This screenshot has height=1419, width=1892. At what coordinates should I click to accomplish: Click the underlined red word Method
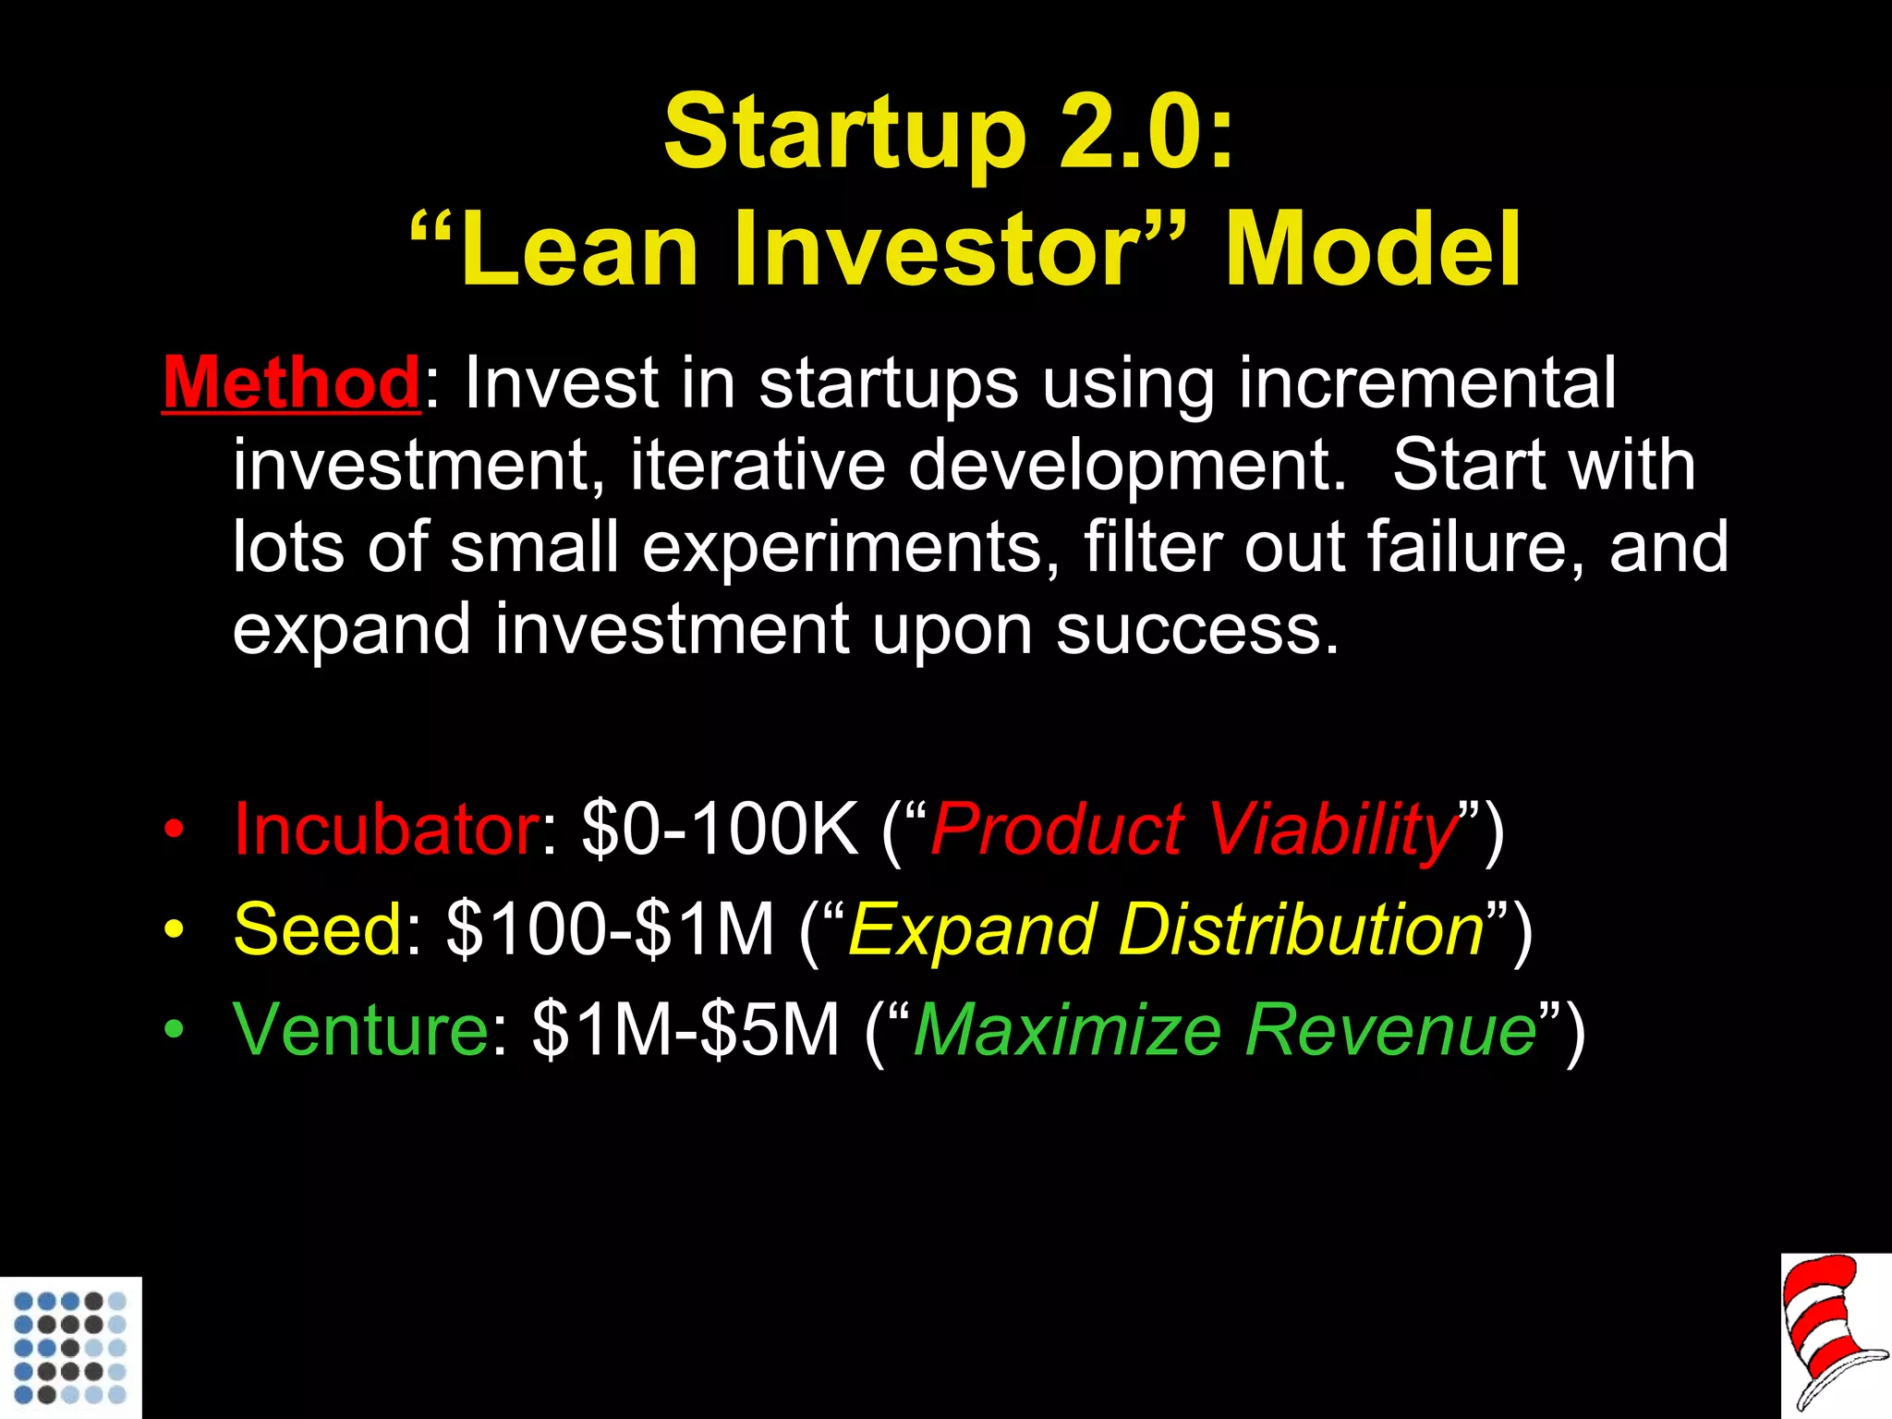click(x=292, y=382)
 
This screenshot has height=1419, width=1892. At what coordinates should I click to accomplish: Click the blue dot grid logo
click(x=70, y=1347)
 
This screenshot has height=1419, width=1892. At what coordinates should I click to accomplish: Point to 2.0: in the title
click(x=1146, y=134)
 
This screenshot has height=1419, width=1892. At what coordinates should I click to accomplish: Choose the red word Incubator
click(x=386, y=829)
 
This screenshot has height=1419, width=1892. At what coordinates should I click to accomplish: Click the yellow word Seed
click(x=318, y=929)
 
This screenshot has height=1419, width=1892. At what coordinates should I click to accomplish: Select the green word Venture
click(x=361, y=1029)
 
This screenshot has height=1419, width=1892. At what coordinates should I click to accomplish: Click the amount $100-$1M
click(x=610, y=929)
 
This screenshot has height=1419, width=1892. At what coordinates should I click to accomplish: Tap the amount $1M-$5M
click(x=685, y=1029)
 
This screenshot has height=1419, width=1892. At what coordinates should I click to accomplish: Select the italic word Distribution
click(x=1301, y=929)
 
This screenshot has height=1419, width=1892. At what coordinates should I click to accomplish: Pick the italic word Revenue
click(x=1391, y=1029)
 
